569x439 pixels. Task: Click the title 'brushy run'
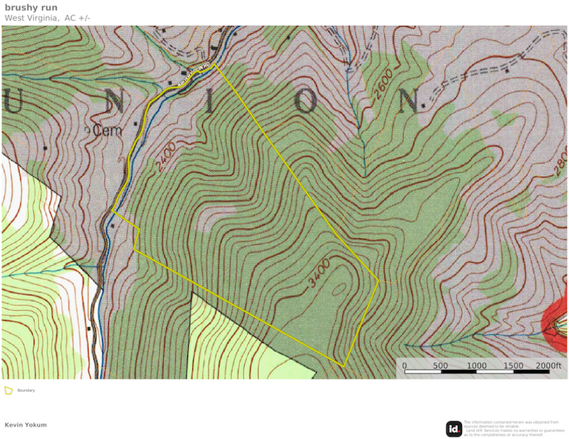(30, 7)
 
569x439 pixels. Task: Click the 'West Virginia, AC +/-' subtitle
(47, 18)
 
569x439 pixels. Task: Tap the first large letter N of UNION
(115, 102)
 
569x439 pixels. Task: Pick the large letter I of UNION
(212, 102)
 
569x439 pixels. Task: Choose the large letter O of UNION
(307, 102)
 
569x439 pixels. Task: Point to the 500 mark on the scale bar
(440, 366)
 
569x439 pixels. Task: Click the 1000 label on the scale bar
(477, 366)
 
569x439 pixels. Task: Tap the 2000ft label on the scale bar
(549, 366)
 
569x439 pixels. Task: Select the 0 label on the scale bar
(404, 366)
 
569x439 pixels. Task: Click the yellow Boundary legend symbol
(8, 390)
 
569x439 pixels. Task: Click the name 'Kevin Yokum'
(25, 425)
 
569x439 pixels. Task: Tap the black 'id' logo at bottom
(454, 428)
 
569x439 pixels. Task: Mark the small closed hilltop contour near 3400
(339, 288)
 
